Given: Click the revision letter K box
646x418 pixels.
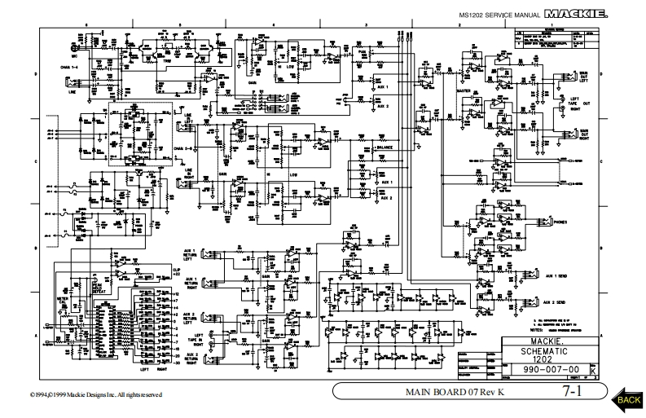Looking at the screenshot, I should (x=591, y=371).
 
